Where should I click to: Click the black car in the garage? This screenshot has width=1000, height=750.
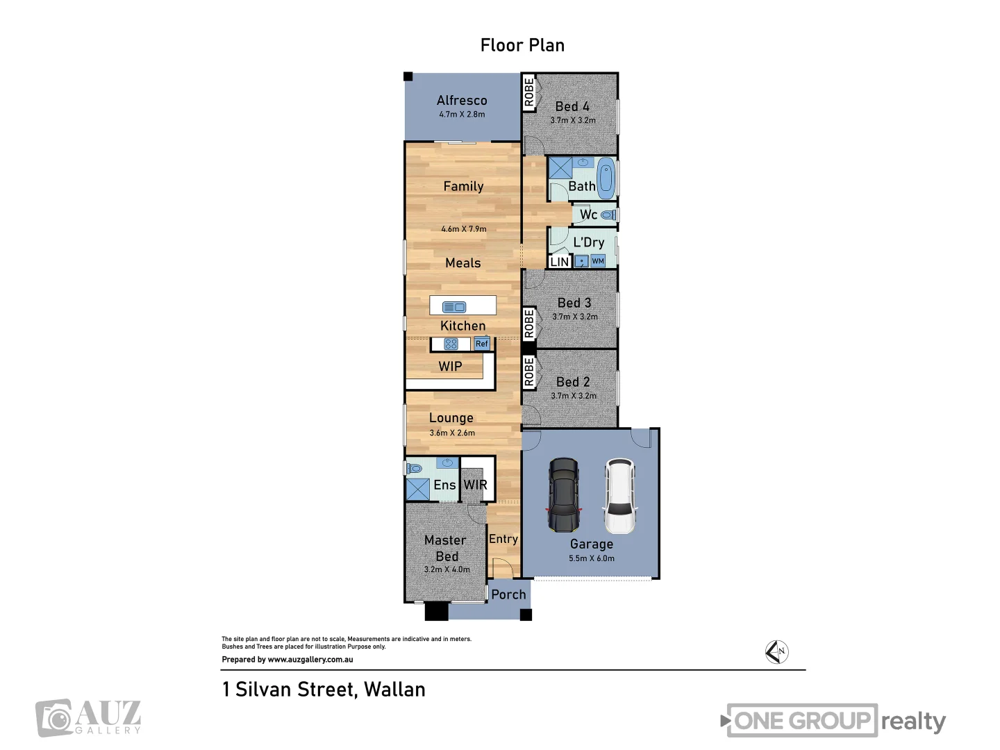pyautogui.click(x=564, y=494)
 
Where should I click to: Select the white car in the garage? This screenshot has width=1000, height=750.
pyautogui.click(x=619, y=495)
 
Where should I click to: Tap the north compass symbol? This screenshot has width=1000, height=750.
pyautogui.click(x=776, y=652)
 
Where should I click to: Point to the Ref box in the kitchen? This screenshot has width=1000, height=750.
pyautogui.click(x=482, y=344)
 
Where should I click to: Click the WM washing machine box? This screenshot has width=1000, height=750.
pyautogui.click(x=598, y=261)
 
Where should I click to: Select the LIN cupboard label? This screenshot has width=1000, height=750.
pyautogui.click(x=559, y=262)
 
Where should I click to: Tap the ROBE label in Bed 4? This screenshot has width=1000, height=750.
pyautogui.click(x=529, y=92)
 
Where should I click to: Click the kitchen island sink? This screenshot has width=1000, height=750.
pyautogui.click(x=454, y=307)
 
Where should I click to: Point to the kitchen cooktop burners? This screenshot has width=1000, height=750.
pyautogui.click(x=451, y=344)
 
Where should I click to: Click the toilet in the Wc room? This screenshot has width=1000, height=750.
pyautogui.click(x=608, y=215)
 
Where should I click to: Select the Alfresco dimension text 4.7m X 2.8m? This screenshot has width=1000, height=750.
pyautogui.click(x=462, y=115)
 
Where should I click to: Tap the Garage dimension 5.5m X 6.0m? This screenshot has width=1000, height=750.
pyautogui.click(x=591, y=558)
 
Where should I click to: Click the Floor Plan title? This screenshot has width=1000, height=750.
pyautogui.click(x=522, y=45)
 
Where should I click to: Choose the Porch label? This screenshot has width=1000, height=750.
pyautogui.click(x=508, y=594)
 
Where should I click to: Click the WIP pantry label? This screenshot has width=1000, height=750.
pyautogui.click(x=450, y=366)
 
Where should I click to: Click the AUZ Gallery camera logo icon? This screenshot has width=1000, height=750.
pyautogui.click(x=54, y=718)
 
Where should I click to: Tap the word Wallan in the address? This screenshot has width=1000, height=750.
pyautogui.click(x=394, y=690)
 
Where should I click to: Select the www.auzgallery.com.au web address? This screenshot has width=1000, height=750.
pyautogui.click(x=310, y=660)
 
